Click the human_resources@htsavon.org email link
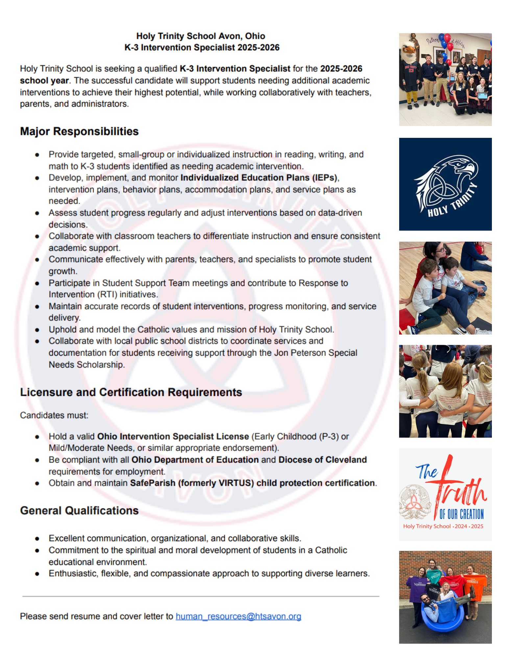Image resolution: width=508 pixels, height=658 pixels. click(238, 616)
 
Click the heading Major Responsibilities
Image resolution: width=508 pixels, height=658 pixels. click(79, 131)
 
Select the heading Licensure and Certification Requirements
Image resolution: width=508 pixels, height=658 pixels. click(131, 392)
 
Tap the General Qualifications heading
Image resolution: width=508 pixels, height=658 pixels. click(79, 510)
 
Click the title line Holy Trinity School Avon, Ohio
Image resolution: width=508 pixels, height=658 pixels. click(201, 36)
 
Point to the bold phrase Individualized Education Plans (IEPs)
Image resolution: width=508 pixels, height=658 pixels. click(259, 178)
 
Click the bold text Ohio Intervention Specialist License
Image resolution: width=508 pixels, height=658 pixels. click(173, 436)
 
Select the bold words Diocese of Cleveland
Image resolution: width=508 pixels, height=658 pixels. click(322, 460)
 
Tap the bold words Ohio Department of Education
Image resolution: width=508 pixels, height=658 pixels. click(195, 460)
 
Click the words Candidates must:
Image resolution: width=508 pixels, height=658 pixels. click(54, 415)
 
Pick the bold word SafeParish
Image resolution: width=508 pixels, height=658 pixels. click(153, 483)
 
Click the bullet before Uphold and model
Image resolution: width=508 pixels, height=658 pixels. click(37, 330)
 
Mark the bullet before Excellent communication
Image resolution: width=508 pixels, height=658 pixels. click(37, 539)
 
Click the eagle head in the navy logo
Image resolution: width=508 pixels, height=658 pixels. click(460, 166)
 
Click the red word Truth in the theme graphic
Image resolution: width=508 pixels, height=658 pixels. click(460, 490)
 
